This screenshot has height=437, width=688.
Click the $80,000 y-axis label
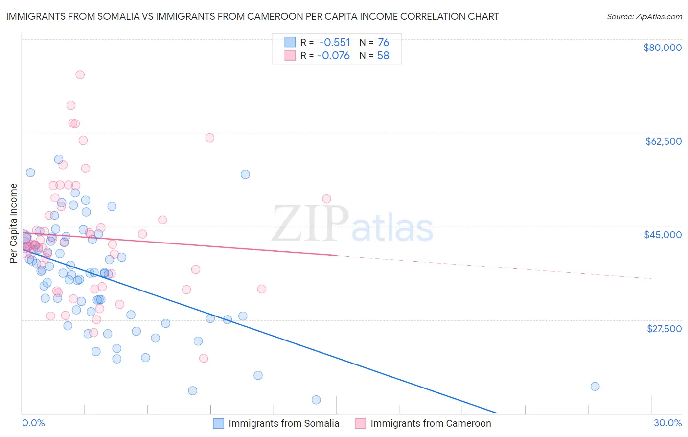click(663, 48)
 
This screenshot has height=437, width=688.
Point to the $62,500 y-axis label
click(664, 141)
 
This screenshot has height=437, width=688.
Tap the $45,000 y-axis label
click(663, 235)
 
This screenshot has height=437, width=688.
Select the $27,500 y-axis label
click(664, 329)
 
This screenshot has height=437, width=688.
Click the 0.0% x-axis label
click(33, 423)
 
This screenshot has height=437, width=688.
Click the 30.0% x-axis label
click(667, 423)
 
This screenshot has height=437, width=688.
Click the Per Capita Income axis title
click(14, 223)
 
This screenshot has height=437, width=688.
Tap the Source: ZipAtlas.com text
click(644, 16)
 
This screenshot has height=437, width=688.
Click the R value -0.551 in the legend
click(334, 42)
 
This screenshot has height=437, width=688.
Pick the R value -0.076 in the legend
click(334, 55)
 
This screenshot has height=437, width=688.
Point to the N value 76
click(383, 42)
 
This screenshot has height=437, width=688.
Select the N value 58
click(383, 55)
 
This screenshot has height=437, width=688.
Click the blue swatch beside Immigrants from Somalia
click(218, 423)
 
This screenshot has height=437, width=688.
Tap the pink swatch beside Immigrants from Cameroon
click(360, 423)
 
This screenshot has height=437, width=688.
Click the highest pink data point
click(80, 75)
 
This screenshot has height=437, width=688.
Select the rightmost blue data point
click(595, 387)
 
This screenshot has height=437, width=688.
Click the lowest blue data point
click(316, 400)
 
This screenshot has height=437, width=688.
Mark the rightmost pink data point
click(326, 199)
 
